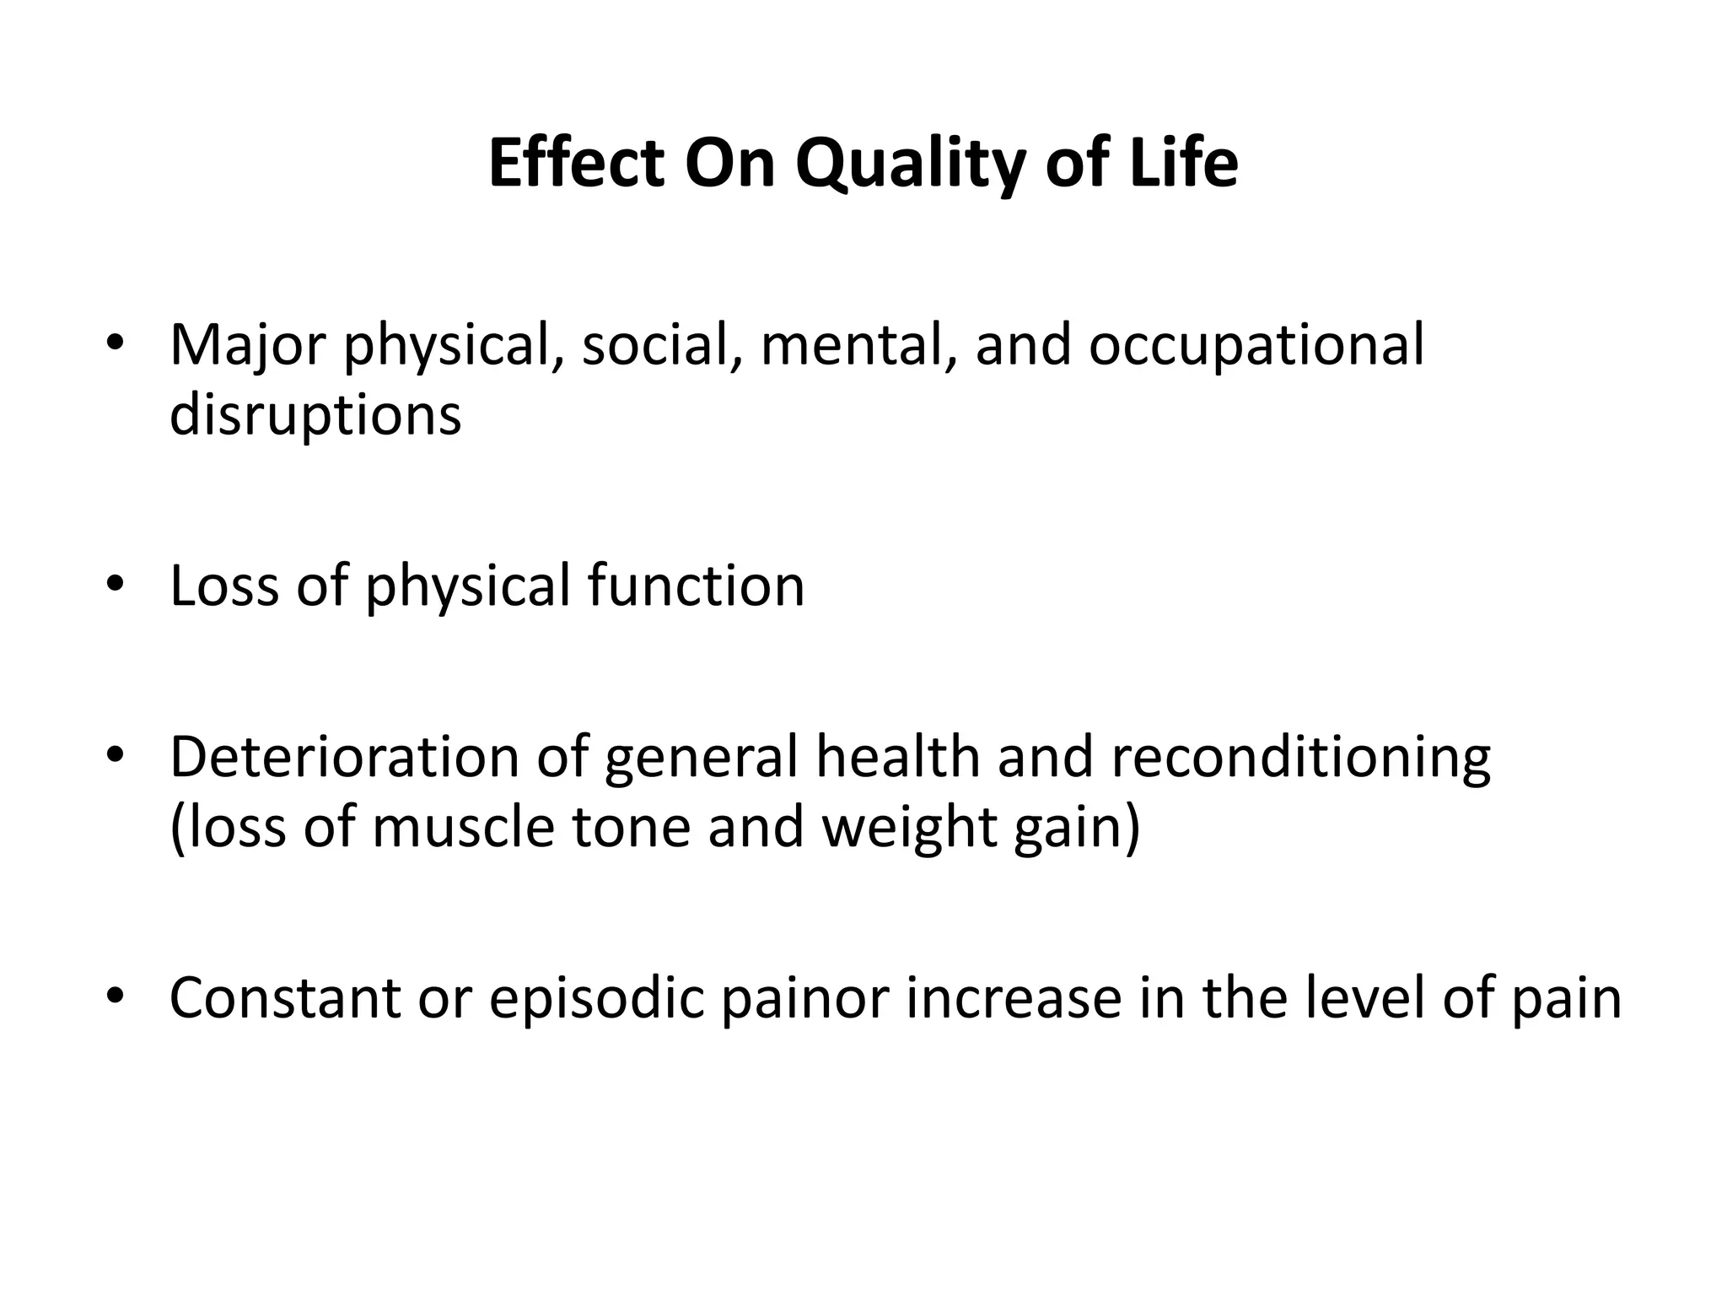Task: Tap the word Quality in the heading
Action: tap(910, 165)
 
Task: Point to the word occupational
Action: tap(1256, 346)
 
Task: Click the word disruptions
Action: tap(315, 415)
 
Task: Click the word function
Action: tap(696, 586)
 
